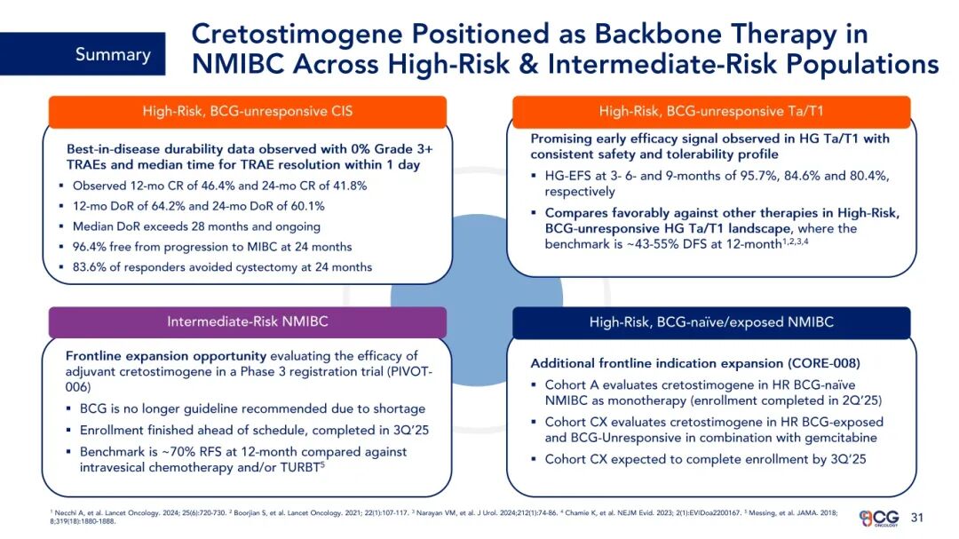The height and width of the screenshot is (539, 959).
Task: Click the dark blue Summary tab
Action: coord(83,54)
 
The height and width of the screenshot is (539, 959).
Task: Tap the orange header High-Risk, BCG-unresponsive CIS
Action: coord(248,111)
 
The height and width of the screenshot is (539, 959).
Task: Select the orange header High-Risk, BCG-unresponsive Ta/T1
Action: coord(711,111)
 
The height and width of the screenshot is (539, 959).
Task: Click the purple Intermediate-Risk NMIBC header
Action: coord(248,321)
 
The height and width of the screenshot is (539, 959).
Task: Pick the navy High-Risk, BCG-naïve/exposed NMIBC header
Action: coord(711,321)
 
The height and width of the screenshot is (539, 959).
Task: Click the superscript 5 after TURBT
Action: coord(322,464)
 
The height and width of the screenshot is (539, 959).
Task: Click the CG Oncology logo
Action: coord(879,519)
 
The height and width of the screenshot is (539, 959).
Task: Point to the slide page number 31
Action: coord(916,518)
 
